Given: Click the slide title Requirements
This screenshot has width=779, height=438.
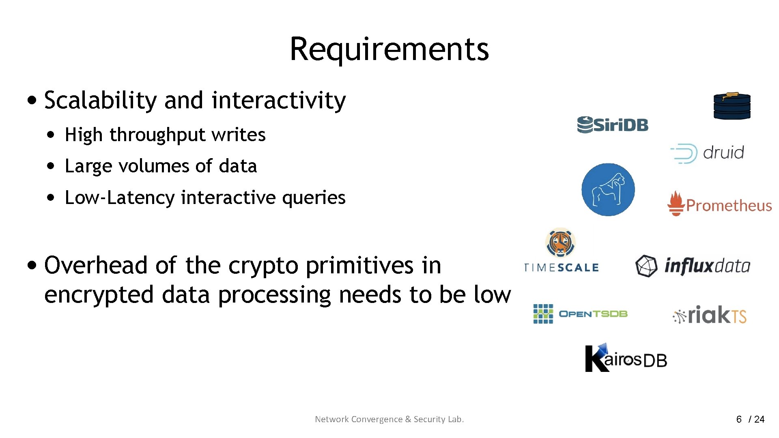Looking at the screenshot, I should [389, 49].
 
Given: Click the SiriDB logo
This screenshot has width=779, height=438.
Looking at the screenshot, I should [613, 125].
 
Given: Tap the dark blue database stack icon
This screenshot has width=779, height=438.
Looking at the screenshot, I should [732, 106].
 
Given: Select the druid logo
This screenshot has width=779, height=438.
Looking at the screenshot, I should [707, 153].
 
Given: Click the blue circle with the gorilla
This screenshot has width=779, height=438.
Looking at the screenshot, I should [608, 189].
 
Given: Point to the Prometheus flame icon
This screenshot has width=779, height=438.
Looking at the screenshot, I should [676, 204].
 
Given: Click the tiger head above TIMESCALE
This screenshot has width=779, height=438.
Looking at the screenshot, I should [560, 243].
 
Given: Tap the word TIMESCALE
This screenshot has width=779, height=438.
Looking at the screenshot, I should [561, 268].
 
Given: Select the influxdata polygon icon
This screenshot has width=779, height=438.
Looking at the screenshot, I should [646, 266].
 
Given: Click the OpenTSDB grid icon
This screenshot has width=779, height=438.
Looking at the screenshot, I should [543, 314].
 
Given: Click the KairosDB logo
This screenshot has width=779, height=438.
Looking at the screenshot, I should [625, 358].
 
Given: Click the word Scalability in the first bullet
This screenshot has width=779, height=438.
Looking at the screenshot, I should [100, 101].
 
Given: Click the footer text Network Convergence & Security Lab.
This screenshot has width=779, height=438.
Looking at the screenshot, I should [389, 419].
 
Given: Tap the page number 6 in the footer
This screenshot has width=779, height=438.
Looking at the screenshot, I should [739, 419].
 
